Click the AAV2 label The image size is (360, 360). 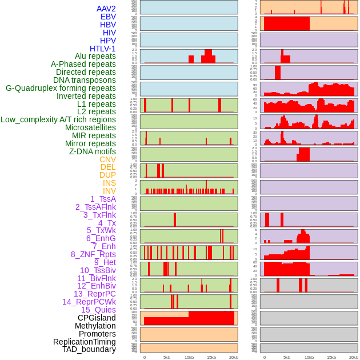(x=106, y=9)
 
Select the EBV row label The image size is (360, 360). (x=107, y=17)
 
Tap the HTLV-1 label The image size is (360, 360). (x=102, y=49)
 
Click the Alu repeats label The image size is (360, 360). (x=95, y=56)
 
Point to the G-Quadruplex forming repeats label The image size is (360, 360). (x=61, y=88)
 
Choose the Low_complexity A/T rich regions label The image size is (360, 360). (x=58, y=119)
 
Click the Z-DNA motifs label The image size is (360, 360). (x=92, y=151)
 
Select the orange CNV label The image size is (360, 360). (x=107, y=159)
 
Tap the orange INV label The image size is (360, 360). (x=109, y=191)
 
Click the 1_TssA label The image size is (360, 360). (x=103, y=199)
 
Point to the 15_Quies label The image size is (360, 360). (x=98, y=310)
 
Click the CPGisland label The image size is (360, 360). (x=97, y=318)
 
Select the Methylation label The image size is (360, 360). (x=95, y=326)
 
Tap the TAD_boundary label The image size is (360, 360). (x=89, y=349)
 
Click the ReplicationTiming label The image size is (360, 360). (x=84, y=342)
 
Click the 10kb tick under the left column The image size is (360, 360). (x=189, y=357)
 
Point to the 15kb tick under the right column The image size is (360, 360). (x=331, y=357)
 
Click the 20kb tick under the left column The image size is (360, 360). (x=233, y=357)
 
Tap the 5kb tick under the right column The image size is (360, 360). (x=286, y=357)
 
